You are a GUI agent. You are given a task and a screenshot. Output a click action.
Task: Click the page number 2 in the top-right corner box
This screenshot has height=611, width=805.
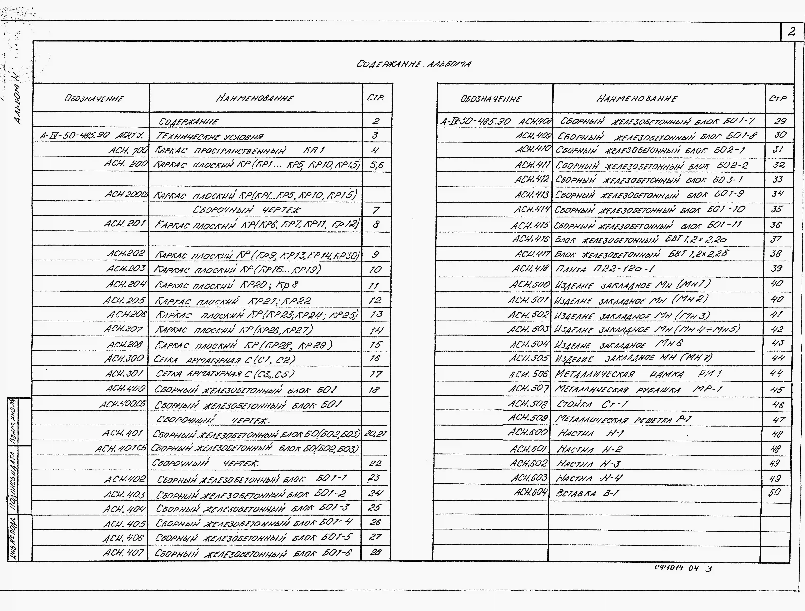791,32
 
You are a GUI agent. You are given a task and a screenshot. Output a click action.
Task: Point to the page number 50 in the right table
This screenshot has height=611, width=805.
774,492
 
